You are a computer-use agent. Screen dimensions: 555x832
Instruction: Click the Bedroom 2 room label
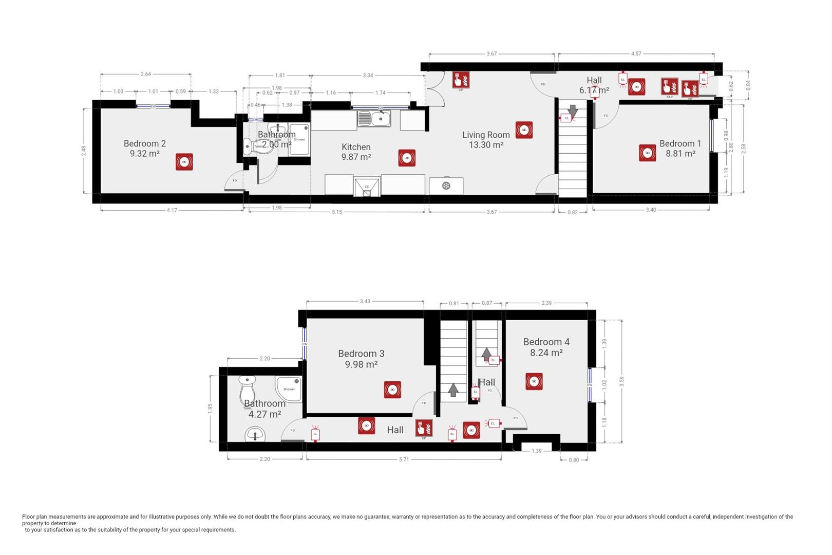coord(144,143)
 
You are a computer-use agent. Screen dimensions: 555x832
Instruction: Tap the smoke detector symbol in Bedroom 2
coord(184,162)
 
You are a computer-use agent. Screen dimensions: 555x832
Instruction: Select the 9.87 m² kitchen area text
coord(356,157)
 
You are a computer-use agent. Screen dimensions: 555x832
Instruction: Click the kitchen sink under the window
coord(381,119)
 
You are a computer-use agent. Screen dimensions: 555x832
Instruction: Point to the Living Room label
coord(486,135)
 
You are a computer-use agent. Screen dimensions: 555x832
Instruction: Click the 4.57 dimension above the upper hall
coord(636,53)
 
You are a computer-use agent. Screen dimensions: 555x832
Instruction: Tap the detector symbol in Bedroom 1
coord(648,153)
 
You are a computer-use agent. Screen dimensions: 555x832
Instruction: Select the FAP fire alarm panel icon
coord(670,86)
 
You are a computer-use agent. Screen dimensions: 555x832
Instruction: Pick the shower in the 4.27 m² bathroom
coord(289,388)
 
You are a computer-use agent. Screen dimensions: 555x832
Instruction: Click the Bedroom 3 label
coord(361,354)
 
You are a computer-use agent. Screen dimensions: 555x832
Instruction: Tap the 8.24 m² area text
coord(546,353)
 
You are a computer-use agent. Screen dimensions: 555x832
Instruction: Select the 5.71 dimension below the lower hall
coord(404,459)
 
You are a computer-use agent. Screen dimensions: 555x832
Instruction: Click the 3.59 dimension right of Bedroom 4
coord(622,381)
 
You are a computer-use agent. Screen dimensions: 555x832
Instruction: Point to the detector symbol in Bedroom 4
coord(534,381)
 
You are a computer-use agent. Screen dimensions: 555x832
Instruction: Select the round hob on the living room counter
coord(446,186)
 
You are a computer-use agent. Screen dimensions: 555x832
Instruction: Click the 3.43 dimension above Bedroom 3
coord(365,301)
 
